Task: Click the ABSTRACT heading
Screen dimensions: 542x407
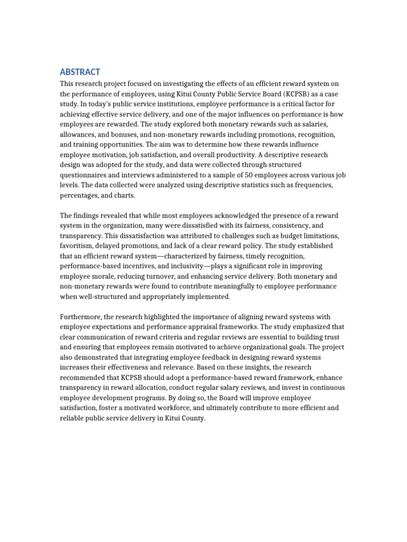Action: [x=80, y=72]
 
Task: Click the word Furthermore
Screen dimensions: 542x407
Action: [x=81, y=317]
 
